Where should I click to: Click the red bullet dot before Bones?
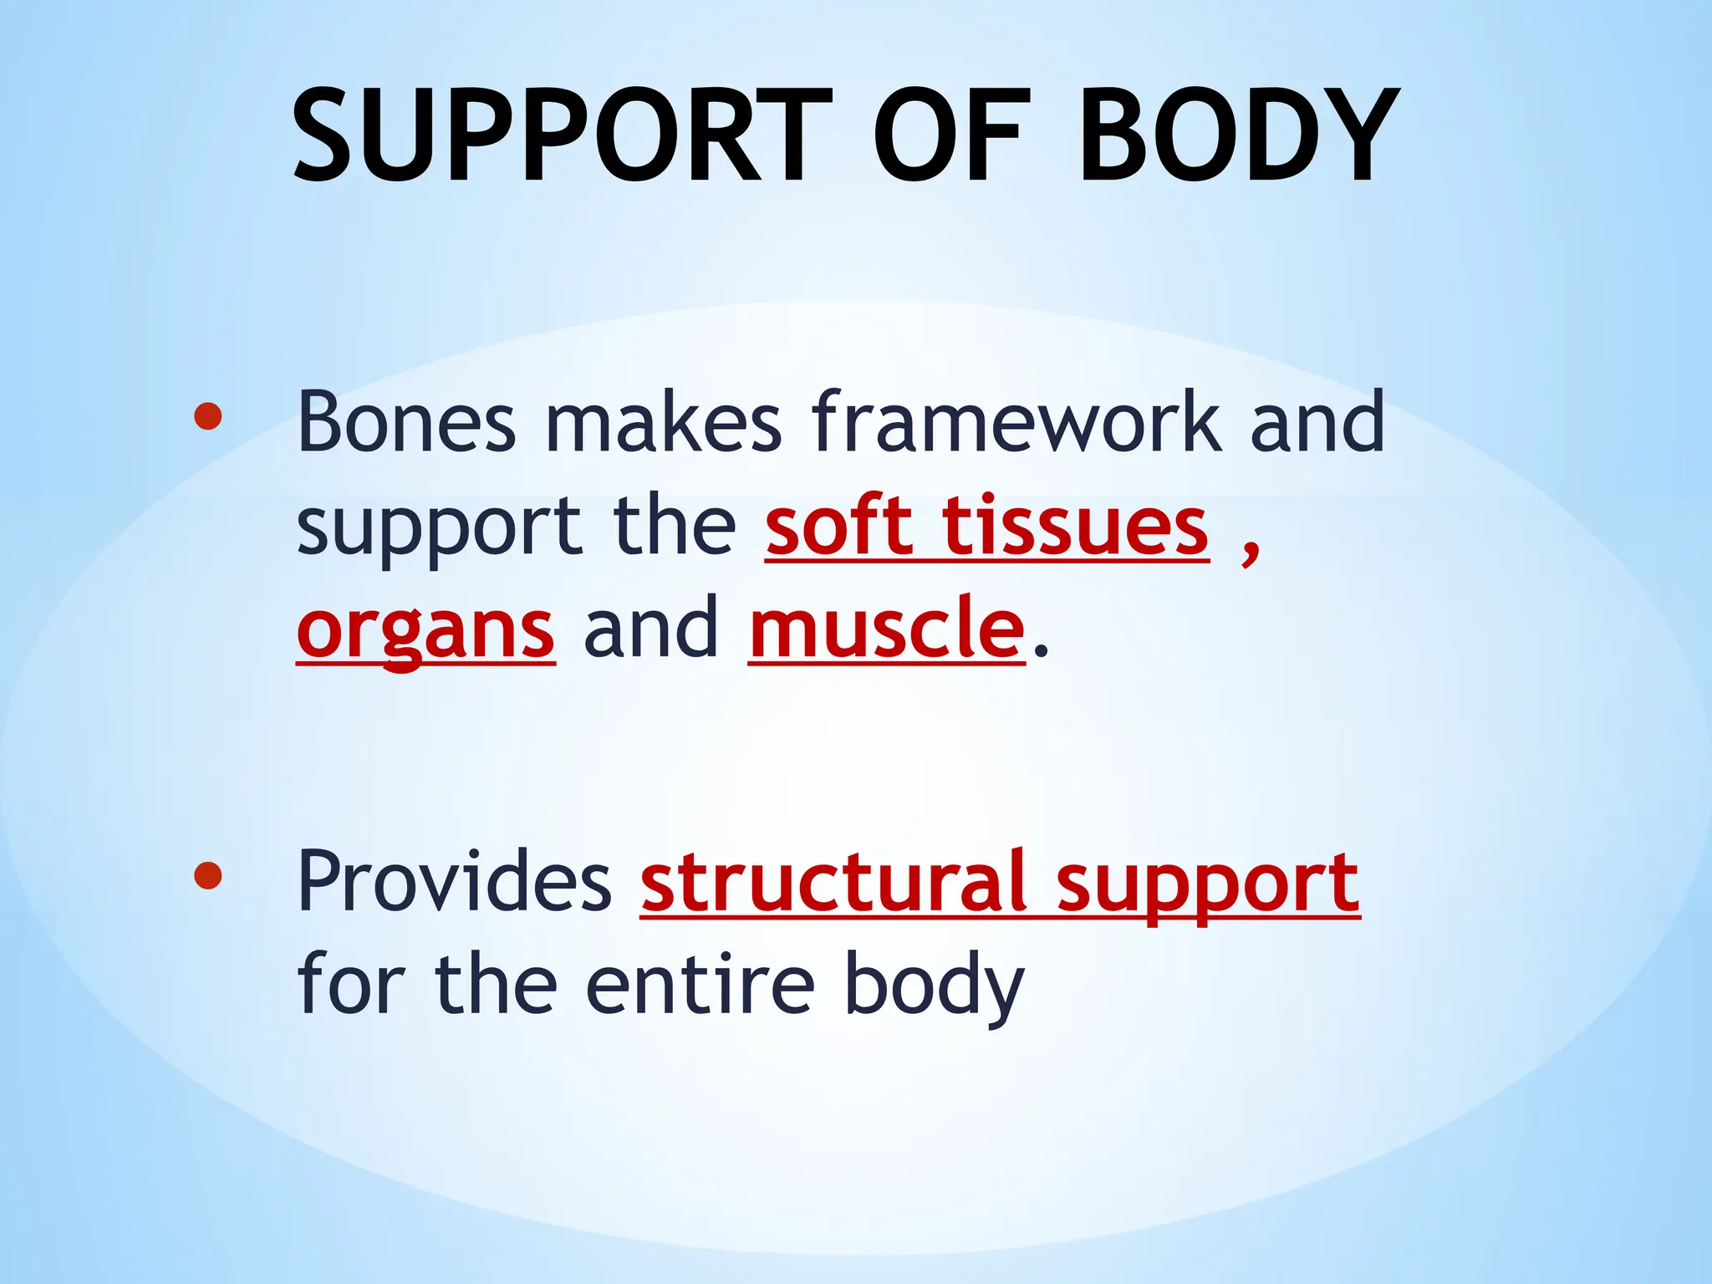(x=207, y=416)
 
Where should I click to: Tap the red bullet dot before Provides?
(x=207, y=875)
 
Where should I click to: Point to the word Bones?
(x=406, y=422)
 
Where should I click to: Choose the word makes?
(x=664, y=422)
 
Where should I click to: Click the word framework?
(x=1016, y=422)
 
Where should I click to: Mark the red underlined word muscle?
(x=887, y=629)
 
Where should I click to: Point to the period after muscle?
(x=1039, y=650)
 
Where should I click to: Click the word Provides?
(x=455, y=882)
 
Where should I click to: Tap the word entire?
(x=700, y=986)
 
